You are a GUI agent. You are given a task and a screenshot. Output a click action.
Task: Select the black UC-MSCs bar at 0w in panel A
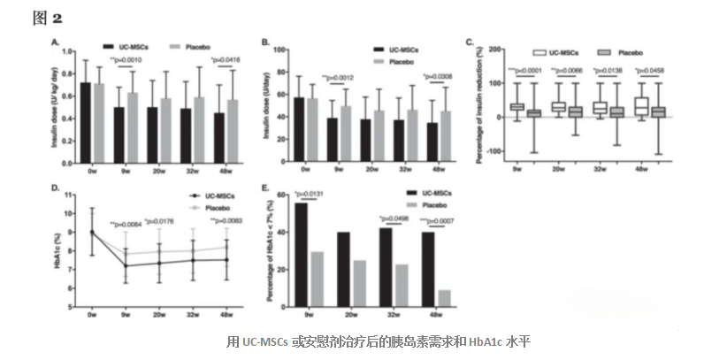tap(86, 119)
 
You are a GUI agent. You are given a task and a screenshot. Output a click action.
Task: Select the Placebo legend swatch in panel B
tap(379, 62)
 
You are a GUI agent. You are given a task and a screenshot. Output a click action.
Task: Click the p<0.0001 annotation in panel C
tap(523, 70)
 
